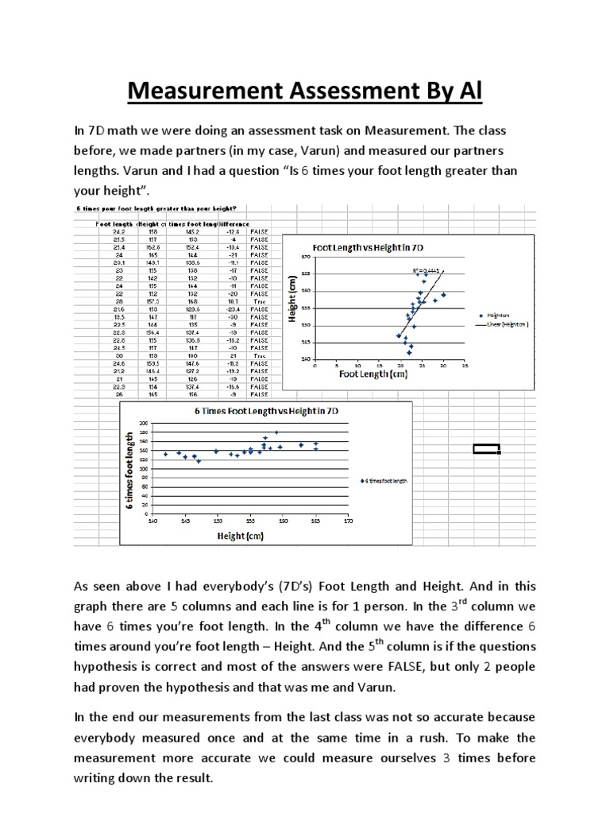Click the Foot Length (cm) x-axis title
pyautogui.click(x=374, y=375)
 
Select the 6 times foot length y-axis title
pyautogui.click(x=129, y=469)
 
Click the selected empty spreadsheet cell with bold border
pyautogui.click(x=486, y=449)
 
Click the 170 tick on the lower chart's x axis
pyautogui.click(x=346, y=521)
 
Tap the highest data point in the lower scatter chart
pyautogui.click(x=276, y=432)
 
